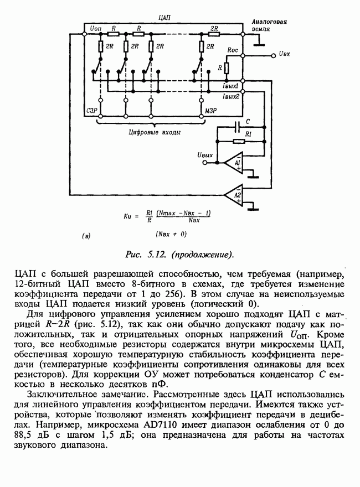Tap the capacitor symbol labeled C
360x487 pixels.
coord(238,127)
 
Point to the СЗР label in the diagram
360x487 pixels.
coord(92,111)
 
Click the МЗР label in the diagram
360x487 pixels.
coord(210,111)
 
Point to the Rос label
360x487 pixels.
coord(233,50)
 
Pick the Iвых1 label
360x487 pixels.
coord(230,86)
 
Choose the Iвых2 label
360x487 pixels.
coord(230,96)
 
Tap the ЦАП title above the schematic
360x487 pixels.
coord(164,18)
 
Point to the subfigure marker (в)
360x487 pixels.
coord(86,236)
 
